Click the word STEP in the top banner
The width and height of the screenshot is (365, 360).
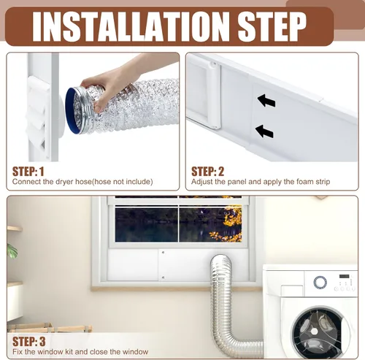click(272, 27)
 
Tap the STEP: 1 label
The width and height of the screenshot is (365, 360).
click(28, 172)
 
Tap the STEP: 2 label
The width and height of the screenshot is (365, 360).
click(207, 172)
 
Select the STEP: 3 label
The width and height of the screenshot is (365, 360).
click(29, 342)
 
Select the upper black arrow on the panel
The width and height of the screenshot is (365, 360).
click(266, 101)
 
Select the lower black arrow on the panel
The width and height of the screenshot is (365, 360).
click(264, 131)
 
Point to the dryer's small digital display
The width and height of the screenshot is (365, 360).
click(345, 277)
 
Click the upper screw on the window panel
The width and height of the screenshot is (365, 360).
click(163, 253)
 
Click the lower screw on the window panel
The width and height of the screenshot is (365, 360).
click(163, 277)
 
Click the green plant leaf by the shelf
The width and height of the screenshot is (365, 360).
click(12, 251)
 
